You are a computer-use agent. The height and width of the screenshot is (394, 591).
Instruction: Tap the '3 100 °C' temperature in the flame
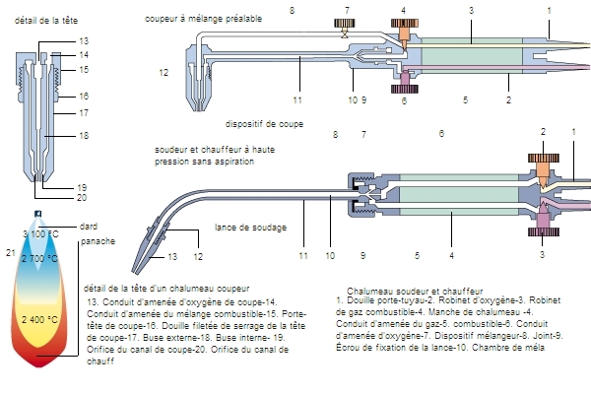coord(41,233)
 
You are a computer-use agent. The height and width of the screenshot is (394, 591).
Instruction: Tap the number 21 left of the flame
coord(11,253)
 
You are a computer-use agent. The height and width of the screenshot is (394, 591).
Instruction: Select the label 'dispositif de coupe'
coord(264,125)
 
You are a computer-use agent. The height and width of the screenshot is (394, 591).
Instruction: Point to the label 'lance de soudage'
coord(251,228)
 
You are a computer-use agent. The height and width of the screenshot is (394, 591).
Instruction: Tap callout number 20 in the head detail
coord(83,197)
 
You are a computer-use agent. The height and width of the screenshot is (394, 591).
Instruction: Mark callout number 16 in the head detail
coord(83,96)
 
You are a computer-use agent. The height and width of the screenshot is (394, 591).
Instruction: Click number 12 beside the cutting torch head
coord(164,72)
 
